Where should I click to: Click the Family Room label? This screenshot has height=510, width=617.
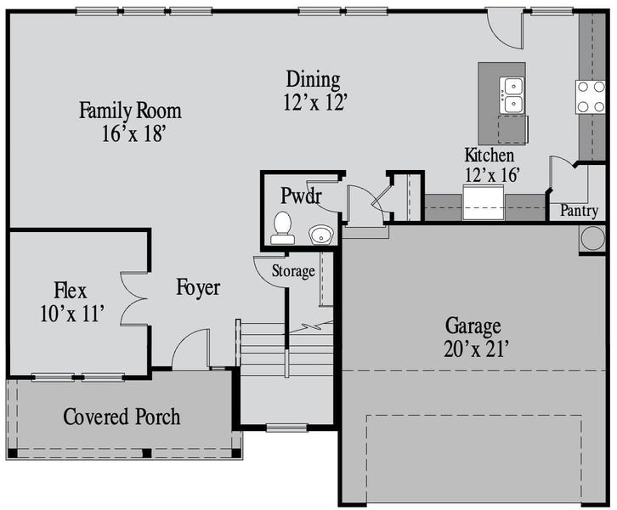(x=130, y=110)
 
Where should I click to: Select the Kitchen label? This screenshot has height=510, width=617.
(x=489, y=156)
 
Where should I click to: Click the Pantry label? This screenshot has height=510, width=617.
(x=578, y=211)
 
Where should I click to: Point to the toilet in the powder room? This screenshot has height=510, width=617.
(x=282, y=227)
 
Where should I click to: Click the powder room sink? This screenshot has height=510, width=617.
(x=320, y=234)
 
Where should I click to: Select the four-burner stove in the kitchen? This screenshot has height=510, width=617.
(x=590, y=96)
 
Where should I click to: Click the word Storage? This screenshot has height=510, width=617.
(x=293, y=272)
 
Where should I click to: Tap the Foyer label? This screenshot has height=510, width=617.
(x=198, y=288)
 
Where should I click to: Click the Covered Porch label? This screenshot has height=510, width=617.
(x=122, y=417)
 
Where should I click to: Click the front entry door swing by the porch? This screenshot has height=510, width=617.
(x=190, y=348)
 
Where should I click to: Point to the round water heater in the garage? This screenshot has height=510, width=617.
(x=592, y=238)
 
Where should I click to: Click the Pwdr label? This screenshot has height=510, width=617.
(x=301, y=196)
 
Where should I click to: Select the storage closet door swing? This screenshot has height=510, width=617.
(x=269, y=267)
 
